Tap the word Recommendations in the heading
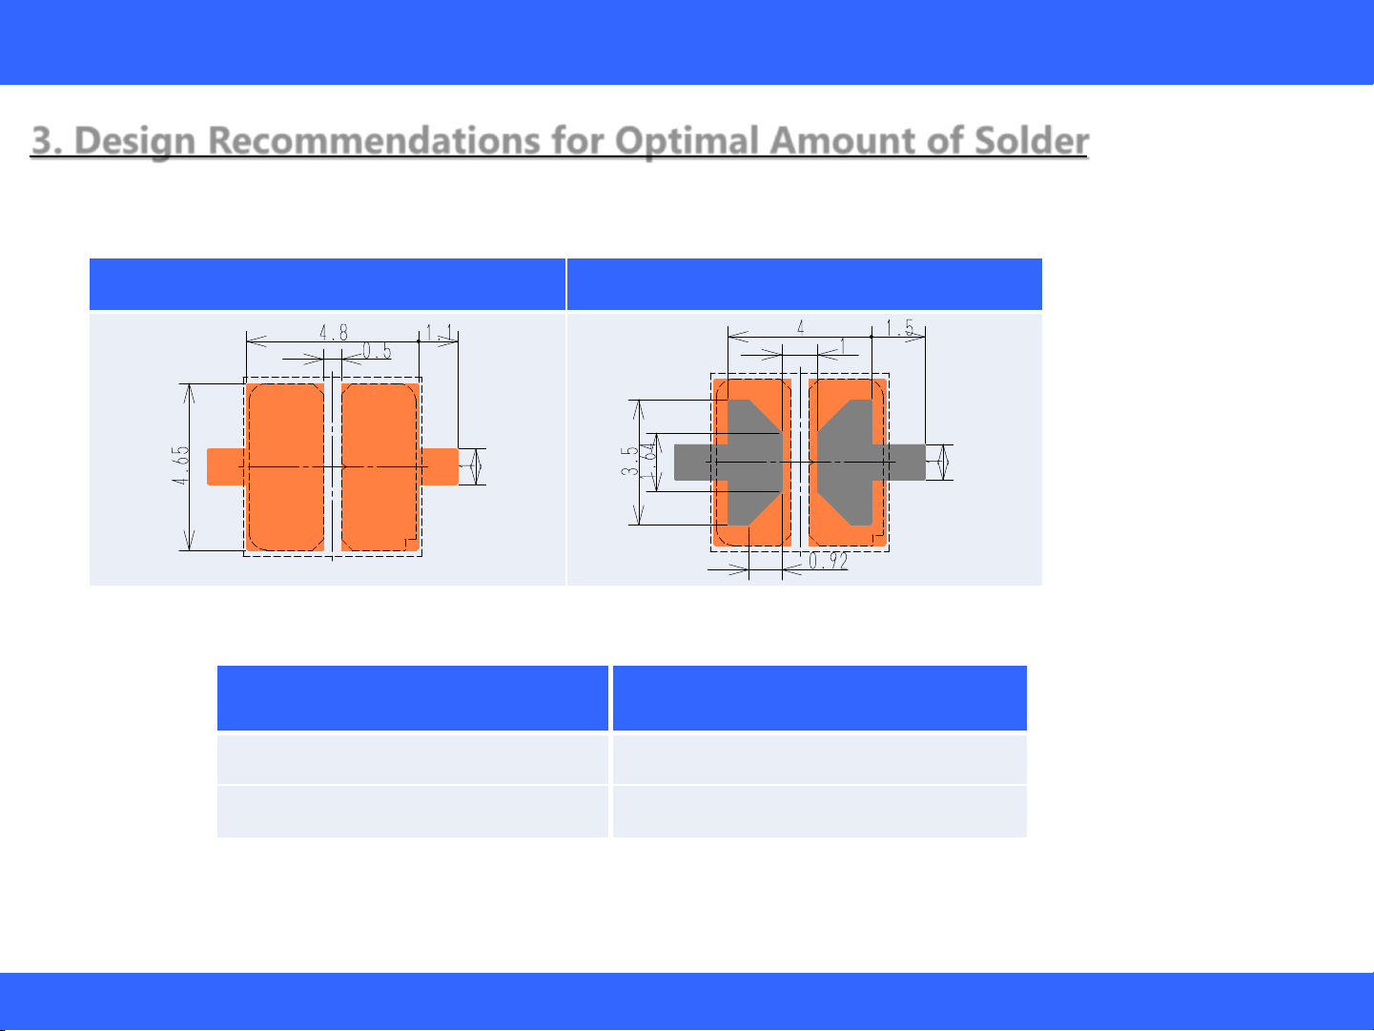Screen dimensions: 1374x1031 click(x=374, y=140)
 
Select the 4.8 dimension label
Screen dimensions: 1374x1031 click(x=334, y=333)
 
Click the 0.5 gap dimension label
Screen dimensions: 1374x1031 click(x=377, y=351)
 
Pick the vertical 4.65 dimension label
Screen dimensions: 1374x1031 click(x=180, y=465)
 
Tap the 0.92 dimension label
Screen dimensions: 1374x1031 click(x=829, y=561)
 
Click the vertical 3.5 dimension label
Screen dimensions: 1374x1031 click(x=629, y=462)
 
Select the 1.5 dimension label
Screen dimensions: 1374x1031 click(x=899, y=327)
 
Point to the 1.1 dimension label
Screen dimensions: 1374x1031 click(x=439, y=333)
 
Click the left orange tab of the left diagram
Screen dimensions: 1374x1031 click(x=226, y=466)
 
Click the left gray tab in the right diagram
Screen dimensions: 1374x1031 click(x=694, y=463)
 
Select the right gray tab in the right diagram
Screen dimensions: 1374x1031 click(x=906, y=463)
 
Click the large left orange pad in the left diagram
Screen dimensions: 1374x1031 click(x=285, y=467)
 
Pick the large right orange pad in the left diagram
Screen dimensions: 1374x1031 click(x=379, y=467)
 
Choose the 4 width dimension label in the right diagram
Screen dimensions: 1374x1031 click(x=800, y=327)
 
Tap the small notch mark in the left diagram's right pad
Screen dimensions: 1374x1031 click(x=410, y=543)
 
